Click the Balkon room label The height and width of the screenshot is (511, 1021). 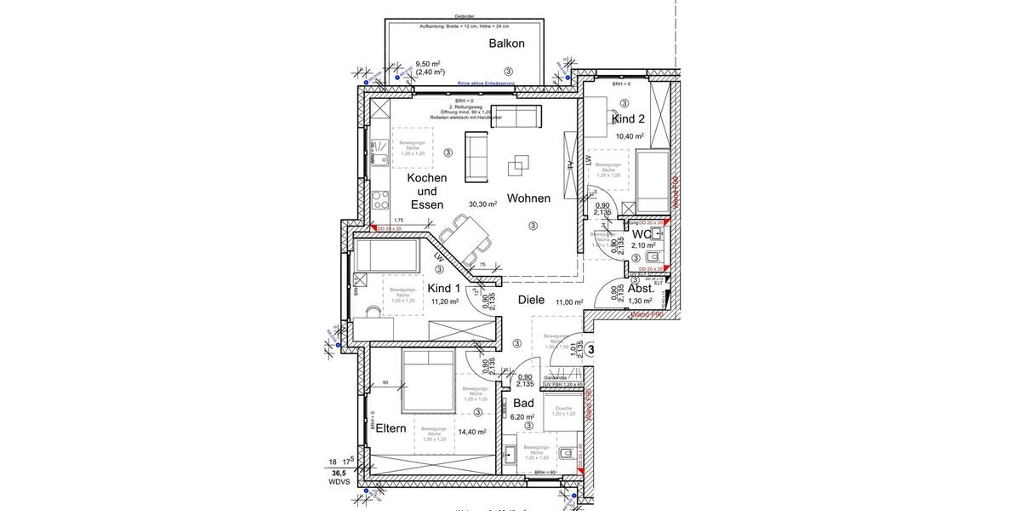coord(506,43)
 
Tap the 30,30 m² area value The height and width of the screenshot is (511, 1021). coord(482,204)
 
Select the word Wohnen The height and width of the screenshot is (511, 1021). coord(528,198)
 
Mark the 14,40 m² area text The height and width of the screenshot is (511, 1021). coord(472,432)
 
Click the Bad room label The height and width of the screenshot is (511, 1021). coord(523,403)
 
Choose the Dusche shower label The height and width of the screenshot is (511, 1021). coord(563,408)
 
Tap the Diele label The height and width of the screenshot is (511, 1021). coord(533,301)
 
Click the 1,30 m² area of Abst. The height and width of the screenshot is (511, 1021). coord(640,301)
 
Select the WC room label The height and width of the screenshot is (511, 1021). coord(641,233)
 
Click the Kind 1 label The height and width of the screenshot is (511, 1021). coord(443,288)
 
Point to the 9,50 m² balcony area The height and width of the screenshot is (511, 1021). coord(427,64)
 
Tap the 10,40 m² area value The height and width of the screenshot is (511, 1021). coord(629,136)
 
